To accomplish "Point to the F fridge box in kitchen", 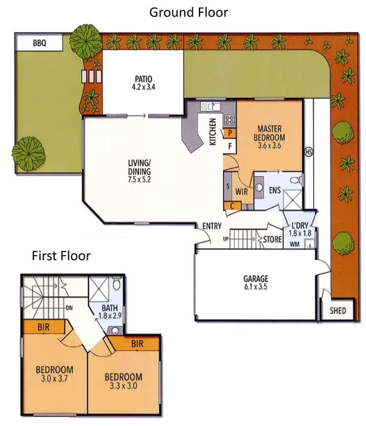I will (x=231, y=147).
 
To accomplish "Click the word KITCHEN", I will (x=213, y=131).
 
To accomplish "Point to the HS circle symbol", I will (x=308, y=152).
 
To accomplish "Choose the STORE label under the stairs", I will (x=272, y=240).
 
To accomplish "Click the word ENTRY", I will (x=212, y=226).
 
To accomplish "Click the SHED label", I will (x=337, y=311).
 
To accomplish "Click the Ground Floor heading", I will (x=188, y=12).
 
